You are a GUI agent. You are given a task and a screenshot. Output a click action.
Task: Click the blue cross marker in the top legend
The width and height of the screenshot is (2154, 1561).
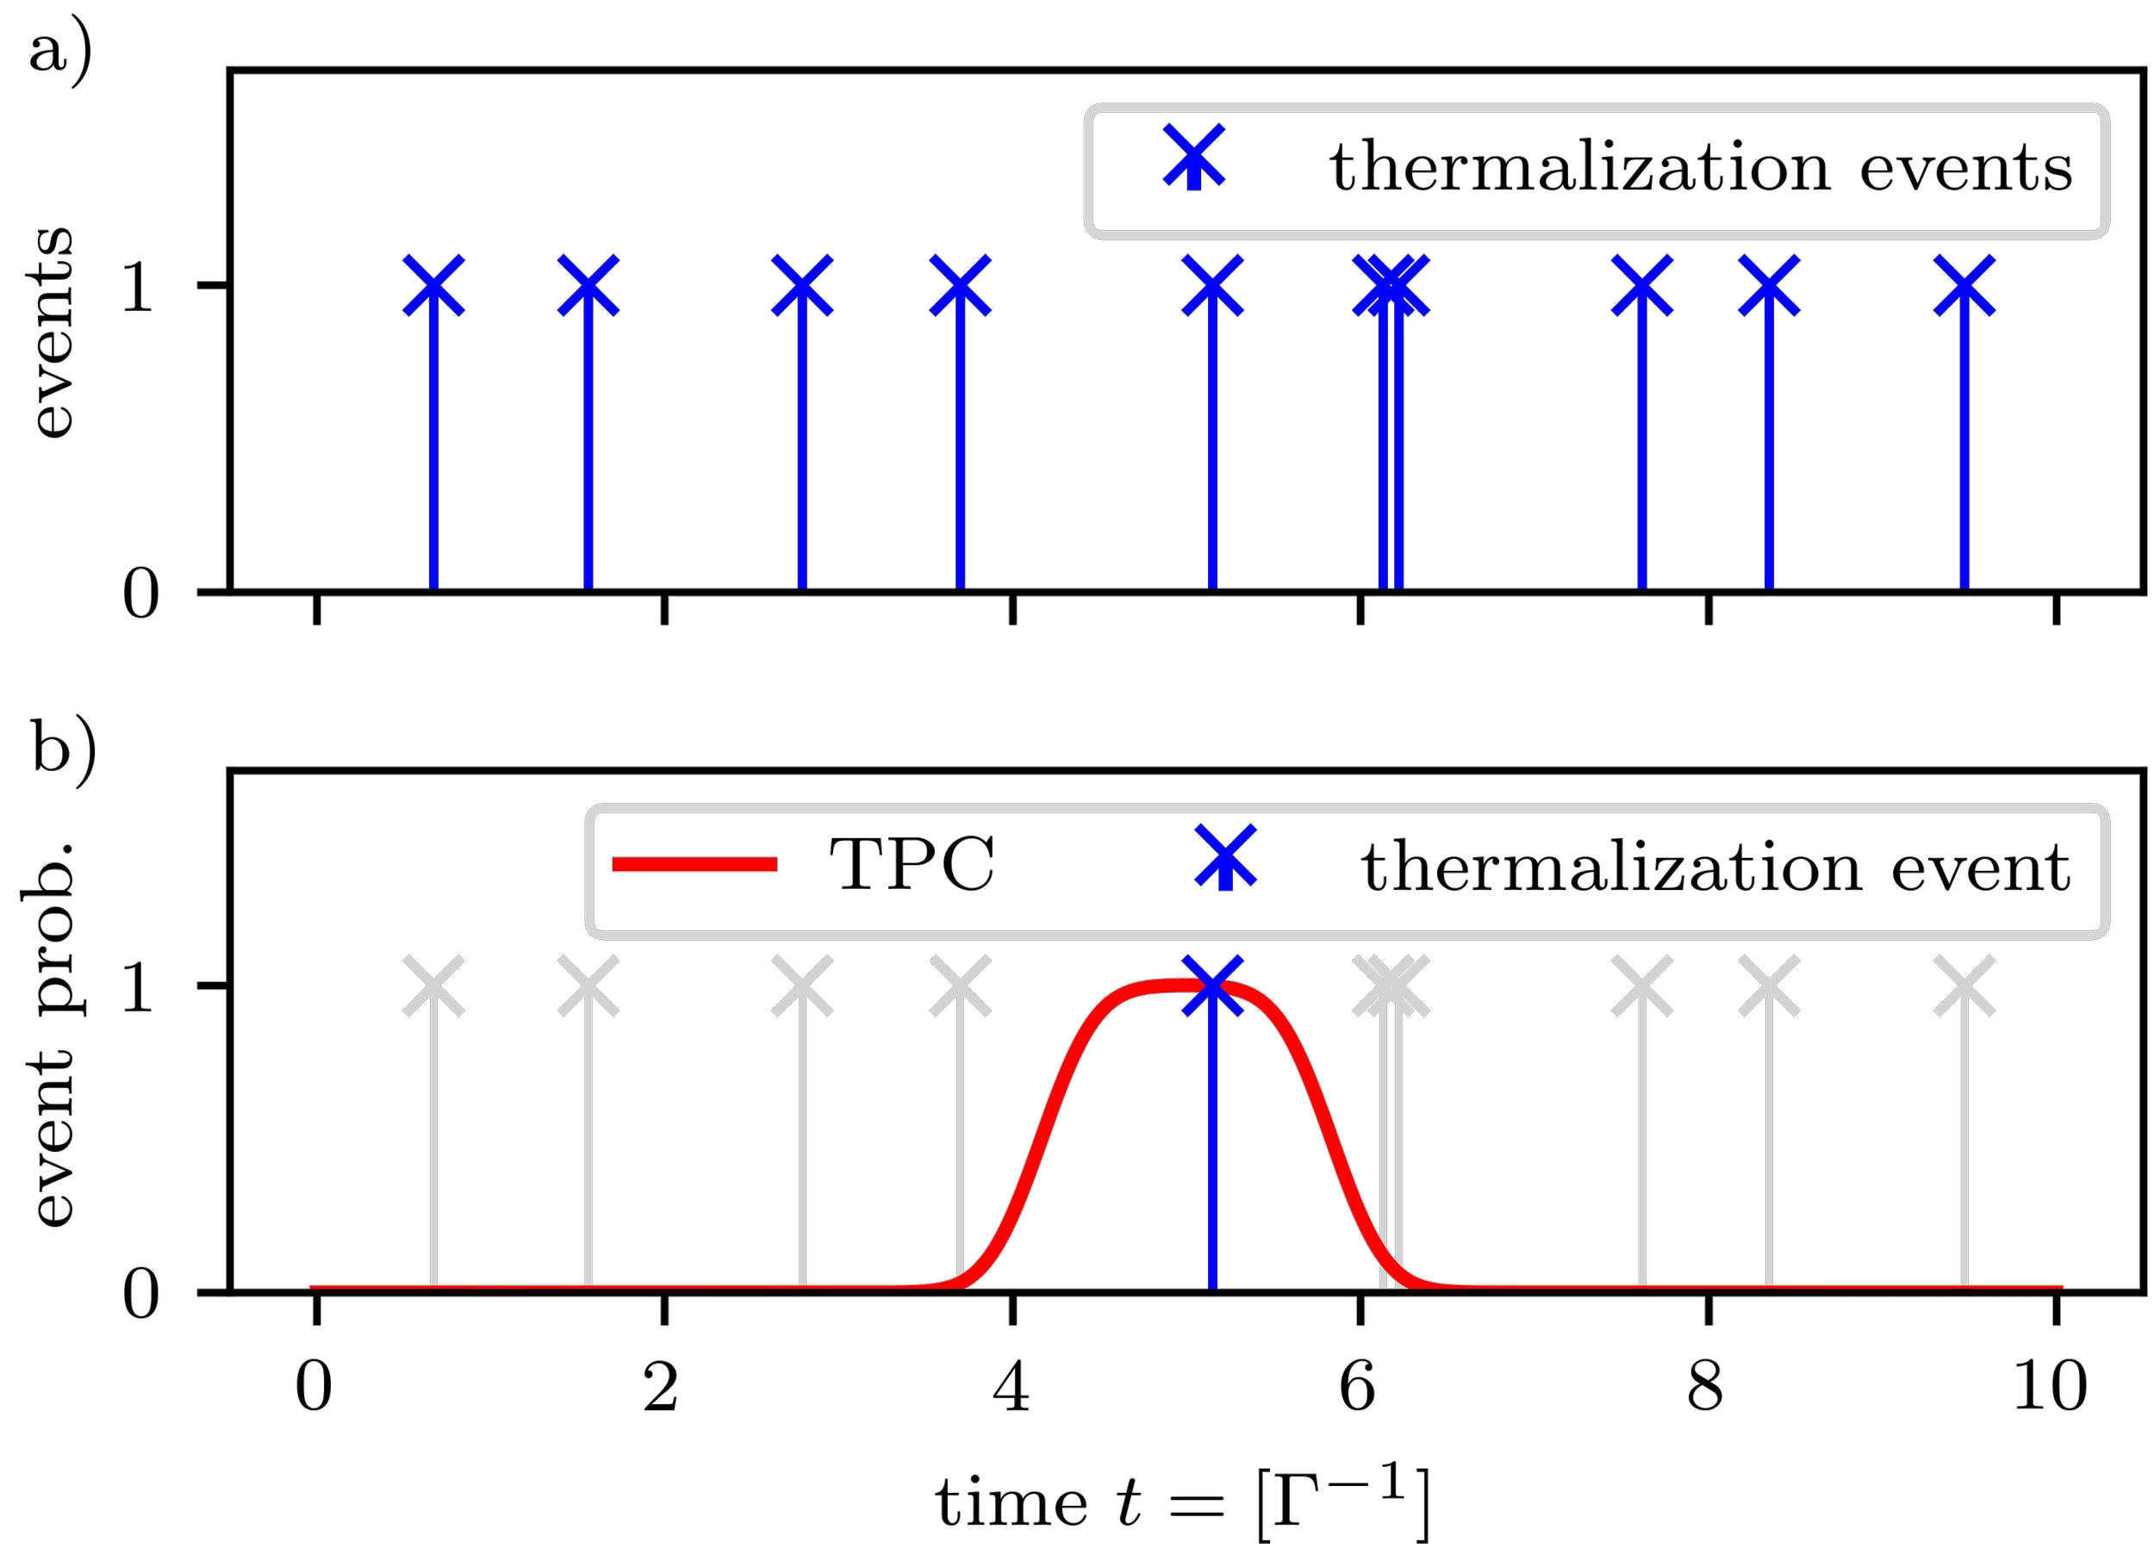pos(1195,159)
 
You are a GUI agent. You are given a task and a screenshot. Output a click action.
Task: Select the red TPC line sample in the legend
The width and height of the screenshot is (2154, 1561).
pos(695,864)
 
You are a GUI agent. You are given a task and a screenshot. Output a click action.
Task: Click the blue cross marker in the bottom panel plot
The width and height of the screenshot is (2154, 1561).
pos(1213,986)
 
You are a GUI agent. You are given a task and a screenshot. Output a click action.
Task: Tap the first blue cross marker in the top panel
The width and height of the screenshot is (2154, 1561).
pos(434,285)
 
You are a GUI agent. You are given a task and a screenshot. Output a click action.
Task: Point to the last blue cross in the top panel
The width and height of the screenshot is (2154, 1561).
pos(1964,285)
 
